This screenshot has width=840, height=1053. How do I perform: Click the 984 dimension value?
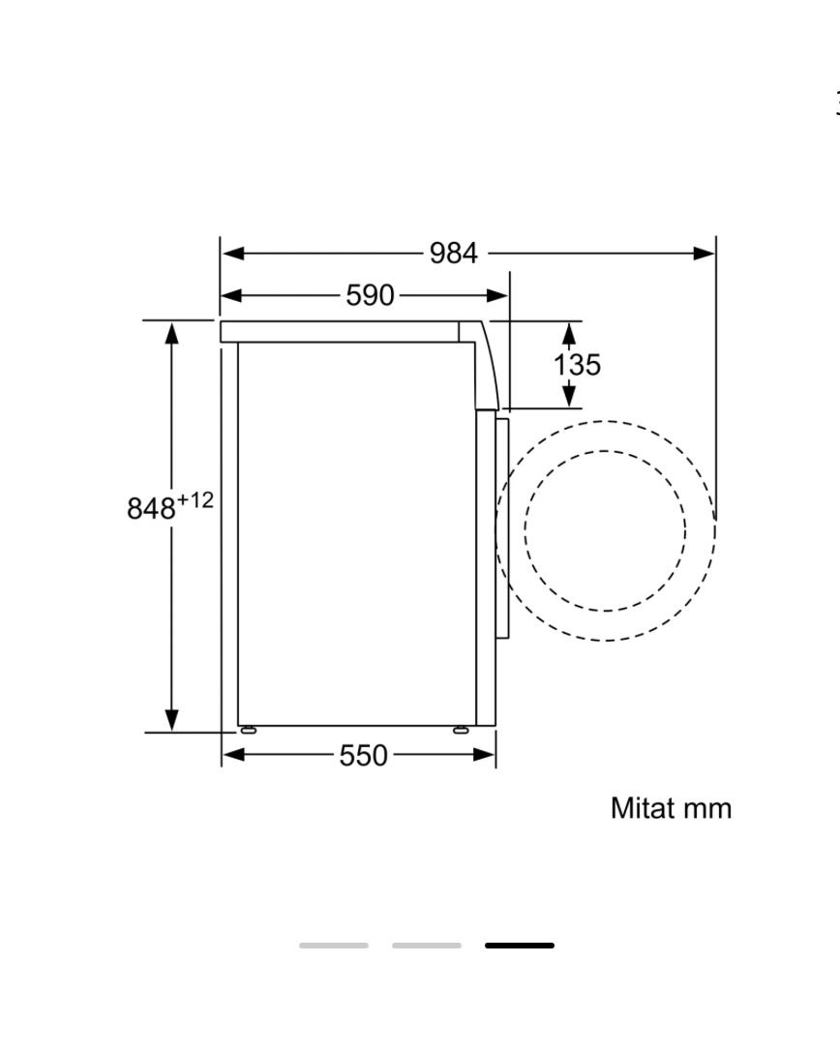(454, 254)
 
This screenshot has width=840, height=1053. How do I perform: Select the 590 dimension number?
(370, 295)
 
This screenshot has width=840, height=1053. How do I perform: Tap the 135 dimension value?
(577, 365)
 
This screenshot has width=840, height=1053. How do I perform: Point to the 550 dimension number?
(363, 756)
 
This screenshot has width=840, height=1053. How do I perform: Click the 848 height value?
(151, 508)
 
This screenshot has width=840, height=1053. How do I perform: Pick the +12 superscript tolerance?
(195, 499)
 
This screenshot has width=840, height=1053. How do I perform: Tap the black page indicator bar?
(520, 946)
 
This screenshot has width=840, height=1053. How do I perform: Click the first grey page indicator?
(334, 946)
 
